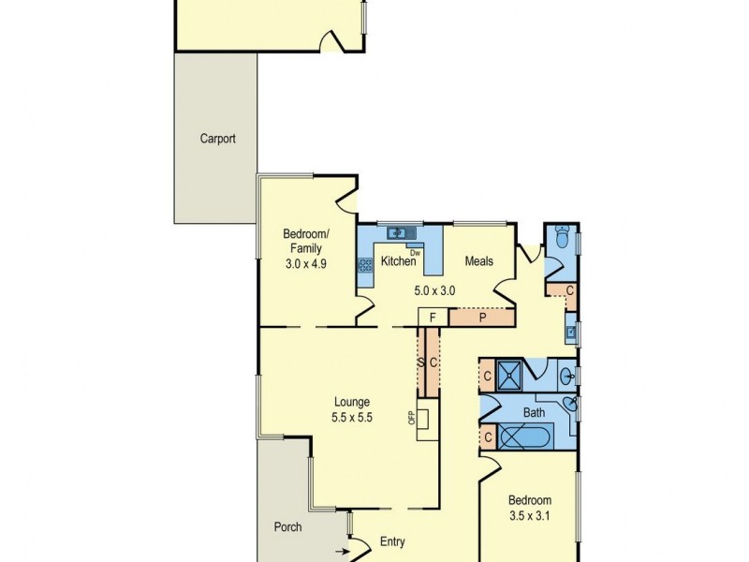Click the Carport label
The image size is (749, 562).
(217, 139)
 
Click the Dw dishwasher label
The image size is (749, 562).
(415, 252)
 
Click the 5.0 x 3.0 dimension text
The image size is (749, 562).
(434, 290)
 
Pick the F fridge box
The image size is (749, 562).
(433, 317)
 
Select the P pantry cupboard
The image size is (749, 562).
(482, 317)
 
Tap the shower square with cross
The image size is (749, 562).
(509, 376)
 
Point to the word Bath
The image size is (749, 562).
(534, 411)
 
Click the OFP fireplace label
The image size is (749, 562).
(410, 417)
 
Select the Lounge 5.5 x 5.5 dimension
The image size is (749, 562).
(353, 419)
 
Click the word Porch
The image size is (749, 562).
(288, 527)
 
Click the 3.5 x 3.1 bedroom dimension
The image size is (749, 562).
(531, 515)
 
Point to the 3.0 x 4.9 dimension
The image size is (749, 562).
(305, 265)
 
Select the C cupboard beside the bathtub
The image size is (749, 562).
(488, 436)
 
